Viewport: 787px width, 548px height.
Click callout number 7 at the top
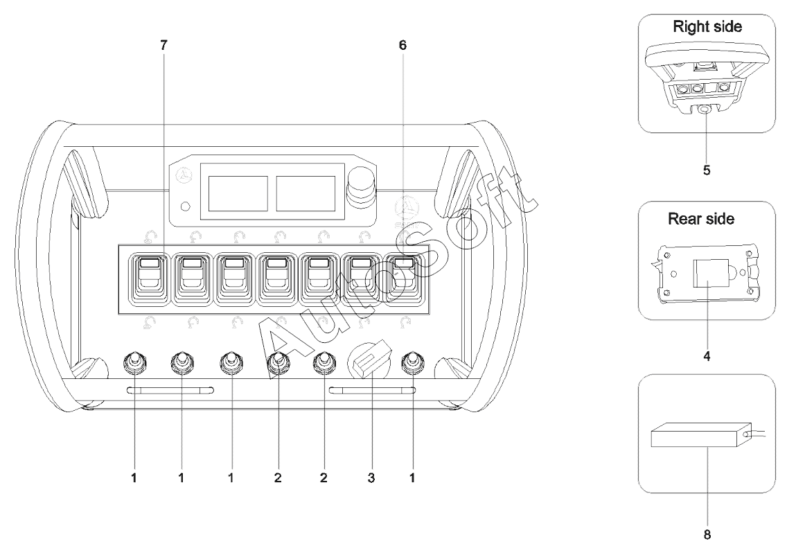click(x=163, y=45)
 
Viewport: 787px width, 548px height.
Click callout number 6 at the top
click(x=403, y=45)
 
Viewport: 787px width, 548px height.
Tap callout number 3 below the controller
click(x=371, y=478)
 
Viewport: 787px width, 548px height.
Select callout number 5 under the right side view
click(x=707, y=170)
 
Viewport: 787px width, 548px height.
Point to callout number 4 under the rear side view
click(x=707, y=356)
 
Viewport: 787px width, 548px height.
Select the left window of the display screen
click(x=238, y=194)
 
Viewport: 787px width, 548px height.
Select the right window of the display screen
click(x=306, y=194)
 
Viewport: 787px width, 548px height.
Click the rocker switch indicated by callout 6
click(x=403, y=279)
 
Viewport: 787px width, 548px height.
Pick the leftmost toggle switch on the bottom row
click(x=134, y=363)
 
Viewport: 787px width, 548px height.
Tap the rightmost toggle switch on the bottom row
click(x=413, y=363)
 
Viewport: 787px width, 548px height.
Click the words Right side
click(x=707, y=26)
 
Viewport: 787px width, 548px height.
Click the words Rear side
click(x=701, y=219)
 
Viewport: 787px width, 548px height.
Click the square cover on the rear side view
click(x=711, y=273)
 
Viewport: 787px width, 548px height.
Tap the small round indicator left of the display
click(x=185, y=206)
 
